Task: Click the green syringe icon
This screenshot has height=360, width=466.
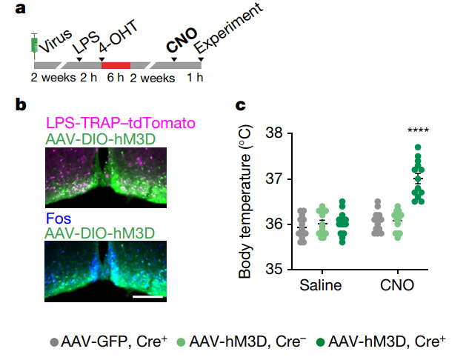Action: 34,46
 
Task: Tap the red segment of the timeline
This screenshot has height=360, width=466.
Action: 116,65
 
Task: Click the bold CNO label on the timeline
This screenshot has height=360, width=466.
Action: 182,40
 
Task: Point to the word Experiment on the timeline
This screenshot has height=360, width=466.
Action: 228,28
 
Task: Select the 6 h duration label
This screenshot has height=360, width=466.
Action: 116,78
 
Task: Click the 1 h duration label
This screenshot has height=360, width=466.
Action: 195,78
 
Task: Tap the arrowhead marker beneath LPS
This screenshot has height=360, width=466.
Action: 79,59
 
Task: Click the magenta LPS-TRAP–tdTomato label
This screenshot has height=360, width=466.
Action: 121,123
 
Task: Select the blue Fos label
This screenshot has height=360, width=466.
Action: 59,219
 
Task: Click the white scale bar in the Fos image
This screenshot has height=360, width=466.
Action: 147,296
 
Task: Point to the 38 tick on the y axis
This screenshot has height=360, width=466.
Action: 290,133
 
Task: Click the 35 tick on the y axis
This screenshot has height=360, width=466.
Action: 290,270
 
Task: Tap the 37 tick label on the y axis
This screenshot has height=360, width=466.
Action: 274,179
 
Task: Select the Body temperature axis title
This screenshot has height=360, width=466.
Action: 245,201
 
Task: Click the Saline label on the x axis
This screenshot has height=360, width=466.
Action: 320,285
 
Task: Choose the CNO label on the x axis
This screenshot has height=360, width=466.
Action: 397,285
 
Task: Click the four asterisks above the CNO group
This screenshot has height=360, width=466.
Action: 418,130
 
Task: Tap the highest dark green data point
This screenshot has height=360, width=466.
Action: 418,147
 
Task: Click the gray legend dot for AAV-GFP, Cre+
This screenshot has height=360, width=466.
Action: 54,342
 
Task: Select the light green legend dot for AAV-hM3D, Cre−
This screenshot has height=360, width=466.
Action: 181,342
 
